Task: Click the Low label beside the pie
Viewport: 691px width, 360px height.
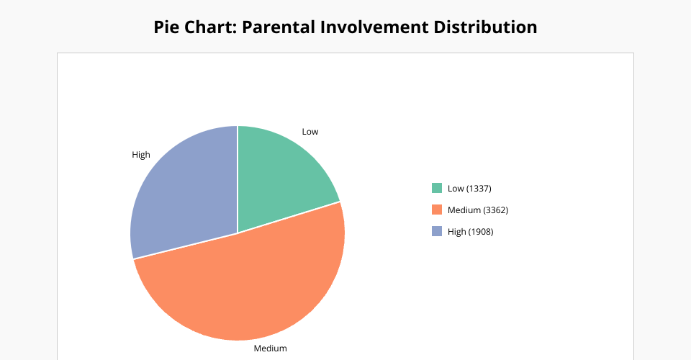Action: (x=310, y=132)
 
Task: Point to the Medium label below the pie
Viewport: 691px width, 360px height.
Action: (x=270, y=348)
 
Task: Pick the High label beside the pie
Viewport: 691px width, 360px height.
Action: (x=141, y=155)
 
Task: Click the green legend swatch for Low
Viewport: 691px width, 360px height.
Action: (x=437, y=188)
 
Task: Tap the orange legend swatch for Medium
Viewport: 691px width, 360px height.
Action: (x=437, y=210)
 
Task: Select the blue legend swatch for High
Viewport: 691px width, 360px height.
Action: (x=437, y=231)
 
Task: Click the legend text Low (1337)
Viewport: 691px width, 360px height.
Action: (x=469, y=189)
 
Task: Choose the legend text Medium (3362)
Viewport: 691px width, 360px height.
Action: (x=478, y=210)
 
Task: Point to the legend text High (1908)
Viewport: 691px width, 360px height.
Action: (x=470, y=232)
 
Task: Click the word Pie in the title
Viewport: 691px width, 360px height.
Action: (x=166, y=27)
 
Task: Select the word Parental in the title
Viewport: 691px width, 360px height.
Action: (x=278, y=27)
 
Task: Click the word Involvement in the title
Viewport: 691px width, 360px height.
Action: (x=374, y=27)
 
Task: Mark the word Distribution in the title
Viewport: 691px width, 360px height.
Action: (x=485, y=27)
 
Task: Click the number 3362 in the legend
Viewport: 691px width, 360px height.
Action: (x=496, y=210)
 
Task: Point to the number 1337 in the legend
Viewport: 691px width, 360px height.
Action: (x=479, y=189)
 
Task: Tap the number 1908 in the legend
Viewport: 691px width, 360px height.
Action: (x=481, y=232)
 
